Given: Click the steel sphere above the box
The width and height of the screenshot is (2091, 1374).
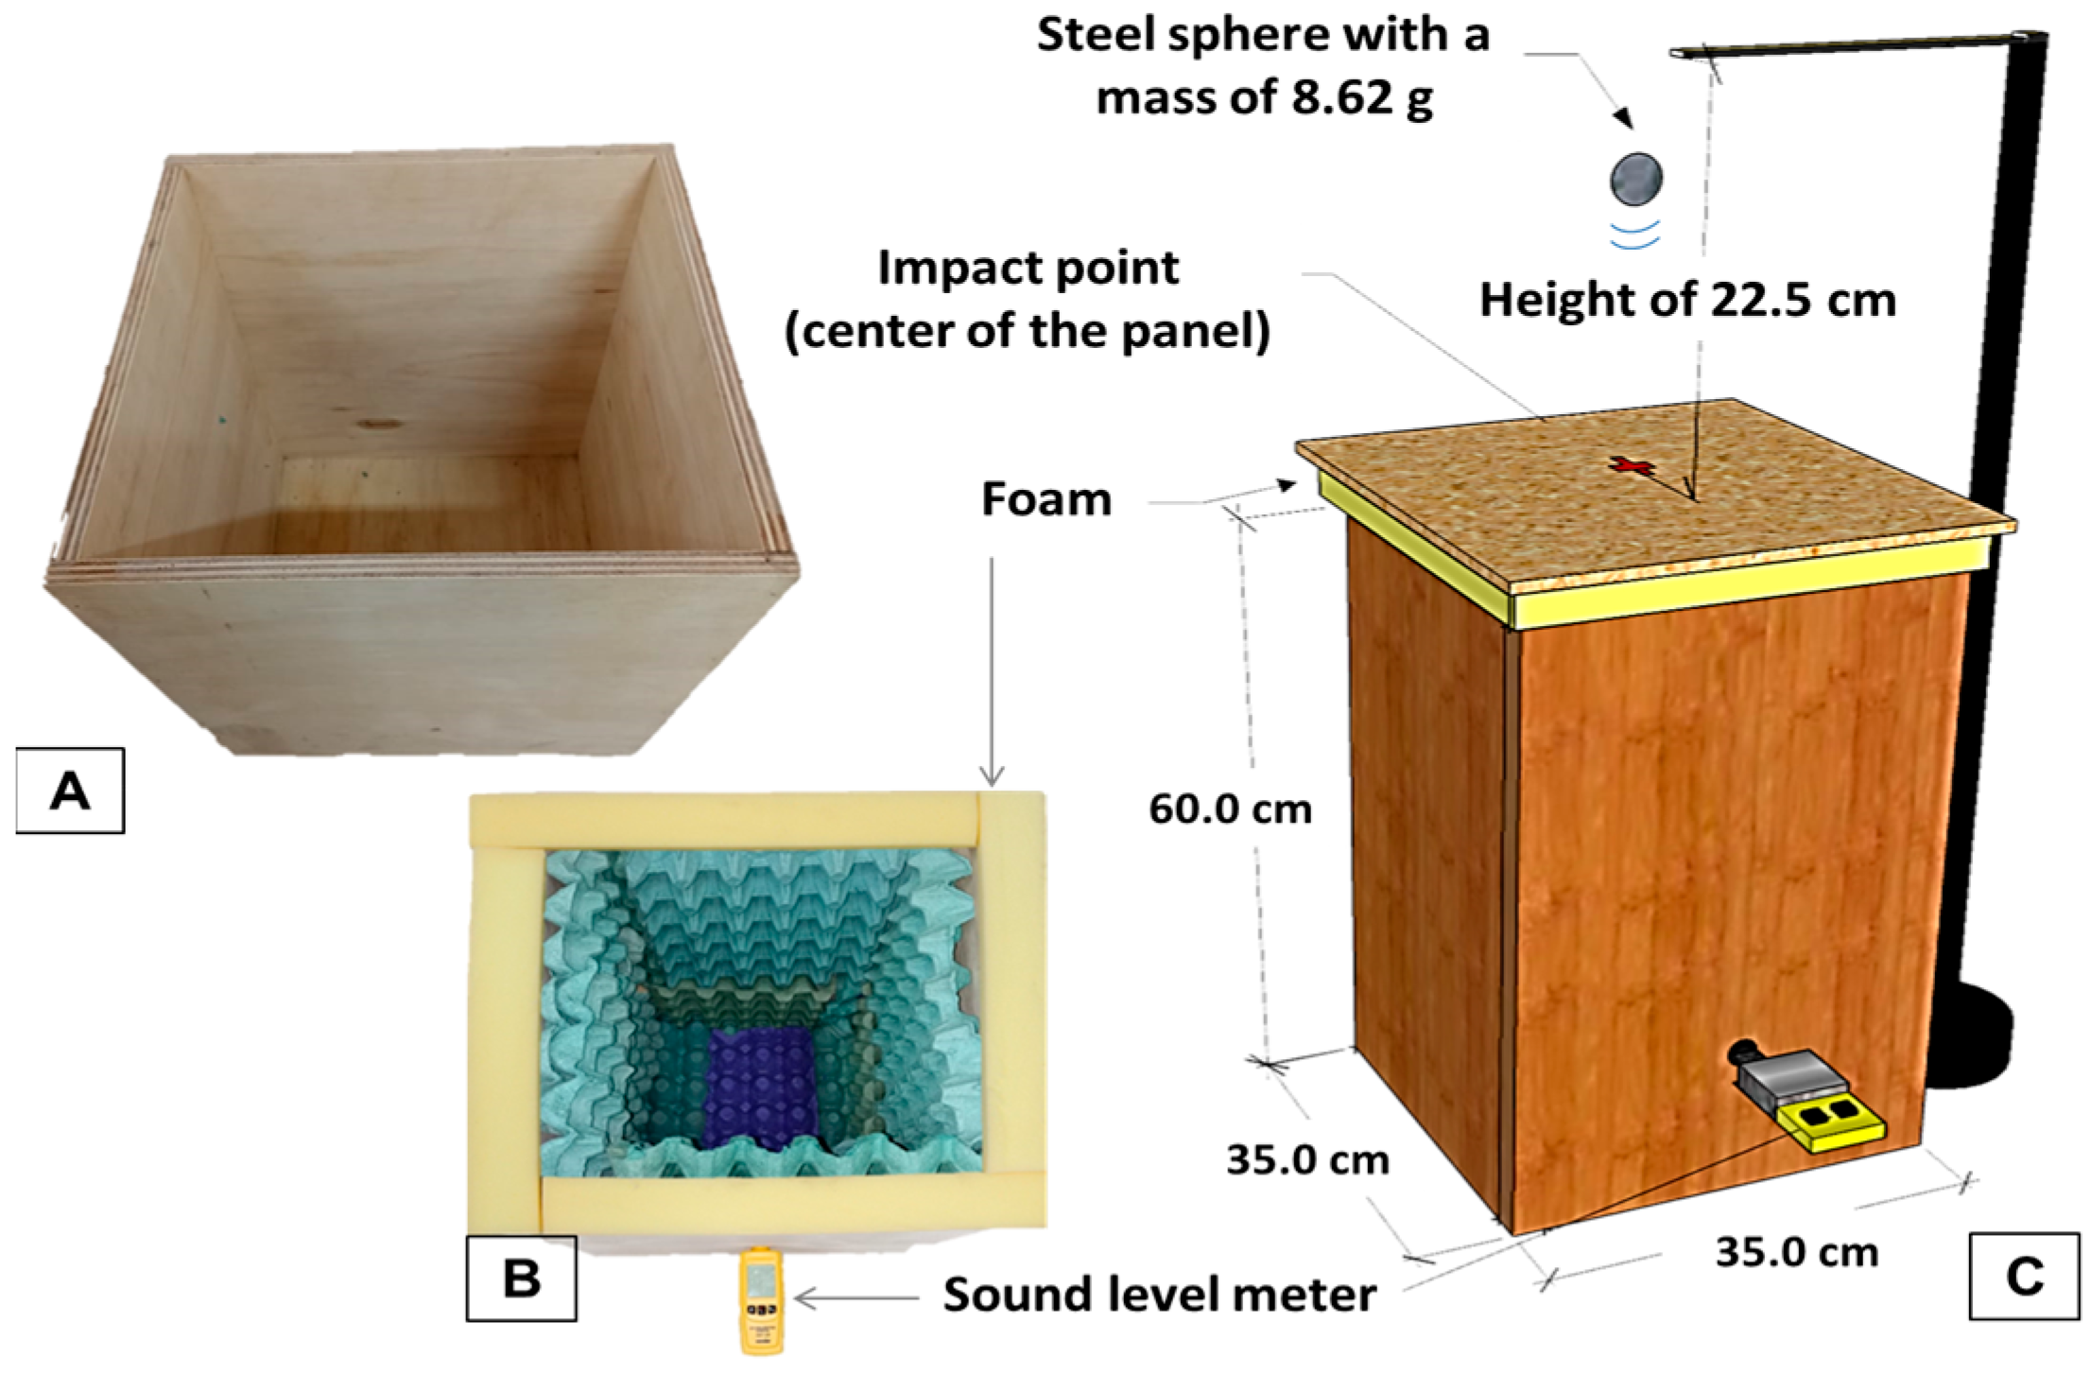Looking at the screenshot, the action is pyautogui.click(x=1636, y=178).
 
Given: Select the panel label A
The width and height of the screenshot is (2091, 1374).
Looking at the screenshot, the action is pyautogui.click(x=70, y=790).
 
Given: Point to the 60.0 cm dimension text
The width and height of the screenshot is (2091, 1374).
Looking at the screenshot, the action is pyautogui.click(x=1230, y=809).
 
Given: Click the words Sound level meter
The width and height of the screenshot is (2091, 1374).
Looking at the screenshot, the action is pyautogui.click(x=1159, y=1295).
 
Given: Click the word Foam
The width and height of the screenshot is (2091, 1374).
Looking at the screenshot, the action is pyautogui.click(x=1045, y=499).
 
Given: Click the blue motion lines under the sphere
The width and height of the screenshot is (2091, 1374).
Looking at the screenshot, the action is pyautogui.click(x=1635, y=235).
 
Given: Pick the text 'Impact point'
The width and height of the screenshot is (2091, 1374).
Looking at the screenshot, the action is pyautogui.click(x=1028, y=269).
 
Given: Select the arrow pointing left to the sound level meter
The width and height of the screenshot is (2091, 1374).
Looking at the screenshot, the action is pyautogui.click(x=855, y=1297).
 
